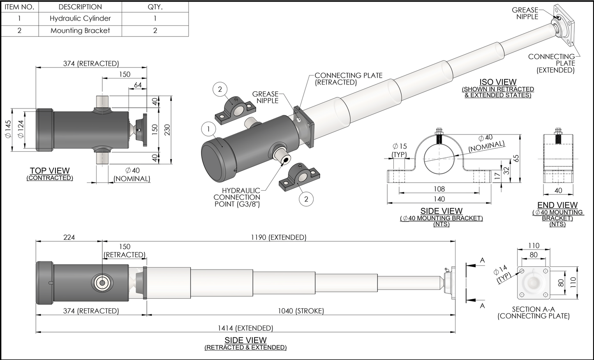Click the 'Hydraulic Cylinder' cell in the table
[80, 18]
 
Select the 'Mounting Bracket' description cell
[80, 30]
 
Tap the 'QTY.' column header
[155, 7]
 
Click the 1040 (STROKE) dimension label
[300, 311]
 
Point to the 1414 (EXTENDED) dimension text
[245, 328]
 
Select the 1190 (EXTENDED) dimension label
[278, 238]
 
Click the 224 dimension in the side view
[69, 238]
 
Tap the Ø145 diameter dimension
[8, 129]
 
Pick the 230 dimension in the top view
[167, 129]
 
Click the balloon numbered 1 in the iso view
[209, 129]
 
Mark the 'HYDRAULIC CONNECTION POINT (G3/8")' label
[237, 197]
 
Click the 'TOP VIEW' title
[50, 171]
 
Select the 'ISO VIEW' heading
[498, 82]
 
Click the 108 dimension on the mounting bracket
[439, 189]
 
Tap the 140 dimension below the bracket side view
[439, 199]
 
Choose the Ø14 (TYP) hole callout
[502, 274]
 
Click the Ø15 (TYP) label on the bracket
[399, 150]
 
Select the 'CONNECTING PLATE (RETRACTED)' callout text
[348, 78]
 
